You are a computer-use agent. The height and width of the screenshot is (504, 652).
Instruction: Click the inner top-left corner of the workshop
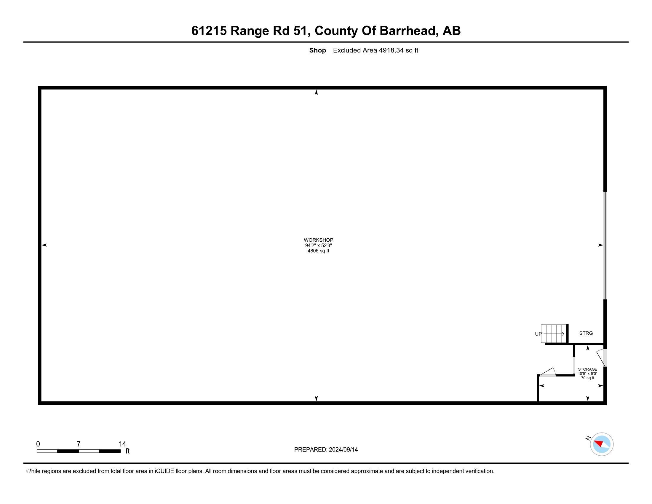(x=41, y=90)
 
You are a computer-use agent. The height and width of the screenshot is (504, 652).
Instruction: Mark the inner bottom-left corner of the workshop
(x=41, y=401)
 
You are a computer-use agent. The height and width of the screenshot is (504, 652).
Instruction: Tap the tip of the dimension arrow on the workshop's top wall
(x=317, y=90)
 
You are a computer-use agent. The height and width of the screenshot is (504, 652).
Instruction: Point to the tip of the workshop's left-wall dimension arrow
(x=41, y=245)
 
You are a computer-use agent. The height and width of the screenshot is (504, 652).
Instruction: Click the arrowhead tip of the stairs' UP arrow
(x=564, y=334)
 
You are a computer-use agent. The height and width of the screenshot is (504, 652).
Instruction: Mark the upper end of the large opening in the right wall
(x=605, y=192)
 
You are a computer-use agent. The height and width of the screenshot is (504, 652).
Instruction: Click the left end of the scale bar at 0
(x=37, y=451)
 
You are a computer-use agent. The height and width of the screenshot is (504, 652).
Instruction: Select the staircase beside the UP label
(x=554, y=334)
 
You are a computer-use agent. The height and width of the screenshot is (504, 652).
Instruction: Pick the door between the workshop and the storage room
(x=547, y=372)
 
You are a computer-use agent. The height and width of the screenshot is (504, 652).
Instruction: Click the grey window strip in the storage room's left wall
(x=574, y=364)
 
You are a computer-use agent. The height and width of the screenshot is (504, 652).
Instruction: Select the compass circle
(x=602, y=444)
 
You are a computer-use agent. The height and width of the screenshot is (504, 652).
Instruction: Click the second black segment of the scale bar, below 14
(x=110, y=451)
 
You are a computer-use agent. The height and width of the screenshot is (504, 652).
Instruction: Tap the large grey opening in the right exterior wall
(x=605, y=245)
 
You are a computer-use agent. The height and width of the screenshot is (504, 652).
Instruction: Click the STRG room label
(x=586, y=333)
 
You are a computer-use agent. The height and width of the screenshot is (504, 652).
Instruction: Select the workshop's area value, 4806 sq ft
(x=318, y=251)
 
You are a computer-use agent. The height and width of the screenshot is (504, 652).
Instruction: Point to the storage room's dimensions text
(x=587, y=374)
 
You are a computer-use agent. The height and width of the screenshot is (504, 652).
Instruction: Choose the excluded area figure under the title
(x=375, y=50)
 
